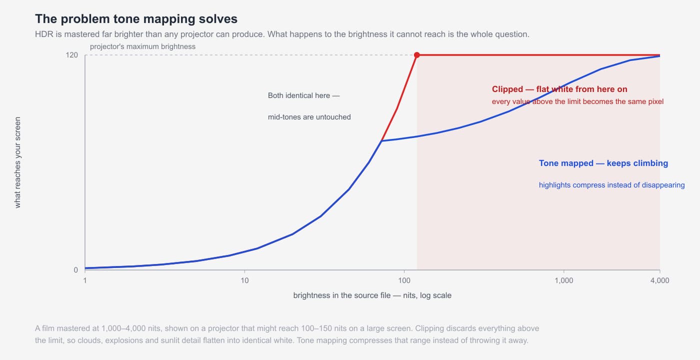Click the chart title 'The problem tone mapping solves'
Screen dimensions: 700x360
pos(136,19)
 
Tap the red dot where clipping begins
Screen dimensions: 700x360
pos(417,55)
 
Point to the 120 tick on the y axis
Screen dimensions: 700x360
pos(71,55)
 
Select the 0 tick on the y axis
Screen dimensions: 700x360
pos(75,270)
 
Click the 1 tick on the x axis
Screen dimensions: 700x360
pos(85,280)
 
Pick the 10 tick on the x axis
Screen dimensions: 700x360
pos(244,280)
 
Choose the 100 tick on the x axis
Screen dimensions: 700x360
pos(404,280)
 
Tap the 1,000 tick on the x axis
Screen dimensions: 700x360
pos(564,280)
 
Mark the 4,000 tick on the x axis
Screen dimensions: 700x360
pos(659,280)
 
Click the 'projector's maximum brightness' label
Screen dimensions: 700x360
pos(143,46)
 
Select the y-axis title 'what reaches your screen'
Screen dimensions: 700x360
pos(17,162)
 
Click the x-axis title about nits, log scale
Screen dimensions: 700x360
pos(372,295)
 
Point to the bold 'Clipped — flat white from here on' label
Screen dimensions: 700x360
pos(559,89)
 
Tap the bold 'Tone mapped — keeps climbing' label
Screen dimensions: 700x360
pos(603,163)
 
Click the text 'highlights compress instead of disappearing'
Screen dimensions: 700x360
pos(611,185)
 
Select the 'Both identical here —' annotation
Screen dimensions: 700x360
pos(304,95)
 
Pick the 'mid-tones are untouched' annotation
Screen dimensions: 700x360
pos(309,117)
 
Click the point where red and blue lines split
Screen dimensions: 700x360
pos(381,141)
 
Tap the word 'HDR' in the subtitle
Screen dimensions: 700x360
pos(44,34)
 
